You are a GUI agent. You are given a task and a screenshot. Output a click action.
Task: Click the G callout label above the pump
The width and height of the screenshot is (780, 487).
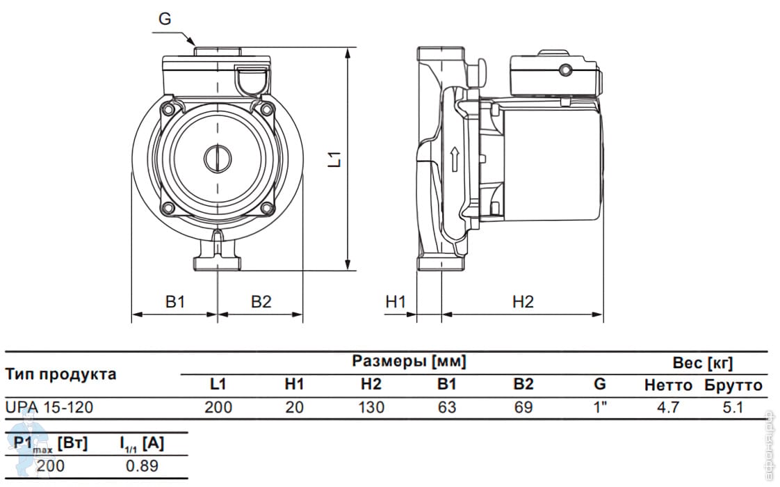pos(165,18)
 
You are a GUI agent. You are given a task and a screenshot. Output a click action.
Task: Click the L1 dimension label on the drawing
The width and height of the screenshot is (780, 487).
pos(336,159)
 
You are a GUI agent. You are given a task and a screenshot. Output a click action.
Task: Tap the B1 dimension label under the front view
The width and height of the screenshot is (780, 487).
pos(175,302)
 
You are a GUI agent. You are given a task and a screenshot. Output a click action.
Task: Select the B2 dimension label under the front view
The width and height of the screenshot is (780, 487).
pos(261,302)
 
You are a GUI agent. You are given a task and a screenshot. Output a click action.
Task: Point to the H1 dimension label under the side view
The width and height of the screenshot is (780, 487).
pos(396,302)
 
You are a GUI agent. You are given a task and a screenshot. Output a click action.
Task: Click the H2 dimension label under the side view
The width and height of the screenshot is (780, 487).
pos(523,302)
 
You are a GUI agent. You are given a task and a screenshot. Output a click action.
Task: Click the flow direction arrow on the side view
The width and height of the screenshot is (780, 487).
pos(454,159)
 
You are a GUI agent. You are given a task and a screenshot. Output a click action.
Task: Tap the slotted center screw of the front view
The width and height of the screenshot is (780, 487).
pos(218,159)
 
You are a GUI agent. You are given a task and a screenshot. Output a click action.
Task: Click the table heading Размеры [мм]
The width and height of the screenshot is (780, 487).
pos(409,361)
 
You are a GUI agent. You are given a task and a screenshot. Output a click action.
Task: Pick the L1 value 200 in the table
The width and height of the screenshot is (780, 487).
pos(218,407)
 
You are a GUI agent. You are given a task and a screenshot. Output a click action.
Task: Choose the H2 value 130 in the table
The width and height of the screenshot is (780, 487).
pos(372,407)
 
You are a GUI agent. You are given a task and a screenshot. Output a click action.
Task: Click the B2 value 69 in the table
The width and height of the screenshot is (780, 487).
pos(523,407)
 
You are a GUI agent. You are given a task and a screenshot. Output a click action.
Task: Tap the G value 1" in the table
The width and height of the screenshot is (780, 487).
pos(601,407)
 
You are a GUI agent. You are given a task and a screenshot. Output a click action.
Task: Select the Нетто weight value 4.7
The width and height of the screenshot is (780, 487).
pos(668,407)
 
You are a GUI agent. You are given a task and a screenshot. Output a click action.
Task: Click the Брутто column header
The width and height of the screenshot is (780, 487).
pos(733,385)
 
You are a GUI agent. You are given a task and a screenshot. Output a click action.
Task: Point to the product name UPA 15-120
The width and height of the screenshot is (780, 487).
pos(49,407)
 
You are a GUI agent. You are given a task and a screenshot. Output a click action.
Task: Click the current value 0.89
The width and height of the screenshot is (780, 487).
pos(142,465)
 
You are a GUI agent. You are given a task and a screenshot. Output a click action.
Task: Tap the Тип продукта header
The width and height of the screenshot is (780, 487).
pos(60,374)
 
